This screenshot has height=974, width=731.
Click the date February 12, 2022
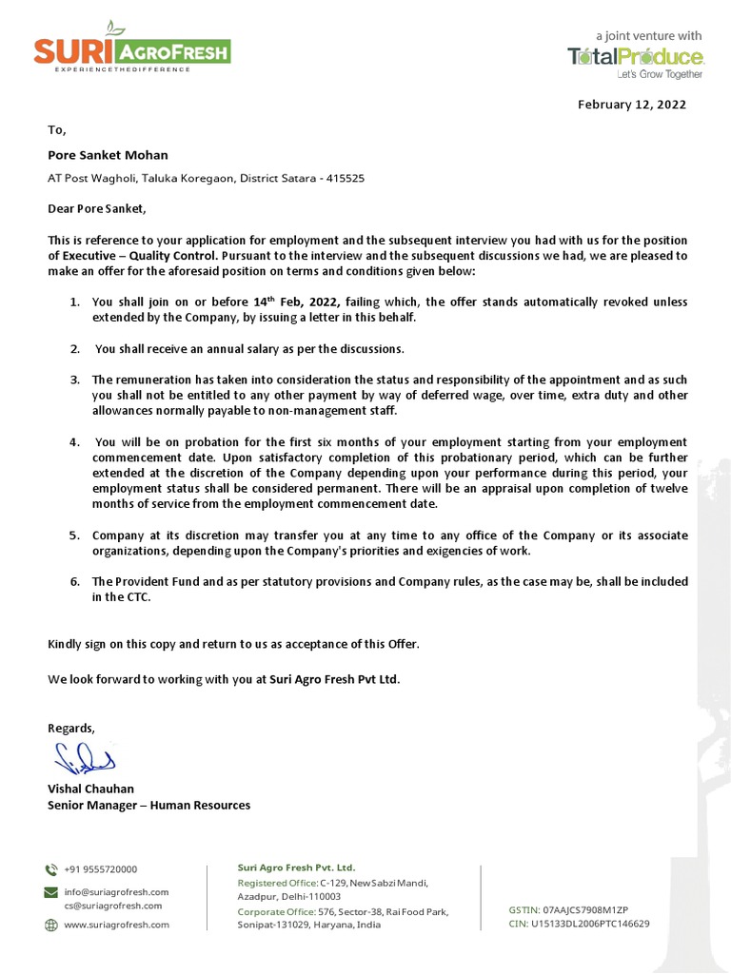(631, 105)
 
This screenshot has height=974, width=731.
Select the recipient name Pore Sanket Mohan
(108, 155)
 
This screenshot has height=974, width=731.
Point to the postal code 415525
(344, 178)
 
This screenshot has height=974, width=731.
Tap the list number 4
(74, 442)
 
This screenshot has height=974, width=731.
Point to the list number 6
(74, 581)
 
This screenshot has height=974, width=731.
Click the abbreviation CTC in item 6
(137, 597)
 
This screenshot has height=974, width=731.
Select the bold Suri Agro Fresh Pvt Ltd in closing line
(334, 679)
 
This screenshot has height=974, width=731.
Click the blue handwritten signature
(84, 759)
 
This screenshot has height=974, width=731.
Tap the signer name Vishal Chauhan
(91, 789)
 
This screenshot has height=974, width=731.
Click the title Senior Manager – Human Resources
(149, 806)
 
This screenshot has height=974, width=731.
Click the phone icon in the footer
(50, 869)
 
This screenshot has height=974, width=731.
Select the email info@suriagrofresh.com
(116, 892)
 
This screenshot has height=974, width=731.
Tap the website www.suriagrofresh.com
(116, 925)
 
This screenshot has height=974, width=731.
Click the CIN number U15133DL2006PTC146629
(590, 924)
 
